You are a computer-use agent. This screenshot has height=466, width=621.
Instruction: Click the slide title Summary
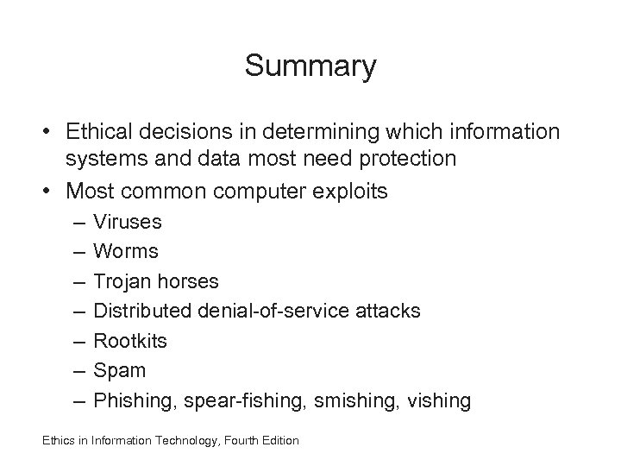310,66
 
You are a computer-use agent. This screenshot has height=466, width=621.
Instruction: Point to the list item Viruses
128,222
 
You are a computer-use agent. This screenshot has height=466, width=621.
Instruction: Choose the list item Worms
126,251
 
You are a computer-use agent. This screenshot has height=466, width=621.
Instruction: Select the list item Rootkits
131,341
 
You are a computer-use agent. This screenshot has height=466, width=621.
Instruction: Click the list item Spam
120,370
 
